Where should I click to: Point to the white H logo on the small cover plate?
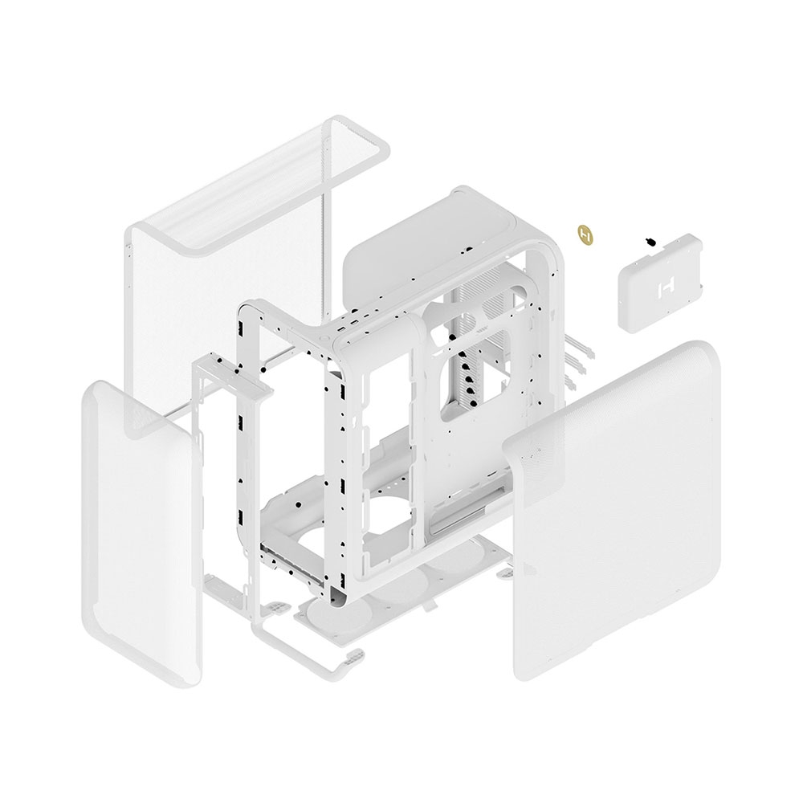(665, 287)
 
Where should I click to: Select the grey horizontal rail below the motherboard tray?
(466, 526)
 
